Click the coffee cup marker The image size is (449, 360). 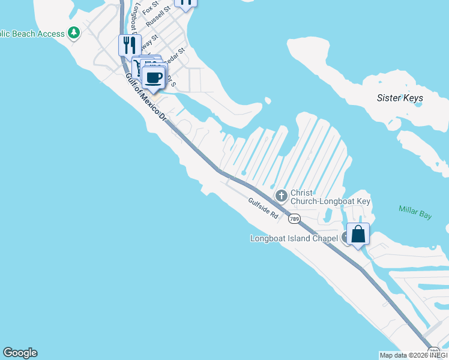(x=154, y=77)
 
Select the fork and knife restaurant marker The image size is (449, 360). (x=130, y=45)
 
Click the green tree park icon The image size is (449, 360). (x=74, y=32)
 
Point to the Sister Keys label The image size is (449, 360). (x=400, y=98)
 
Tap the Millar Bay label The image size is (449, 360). (x=415, y=212)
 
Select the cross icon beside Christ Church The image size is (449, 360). (x=281, y=196)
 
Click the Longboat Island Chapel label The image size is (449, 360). (x=294, y=238)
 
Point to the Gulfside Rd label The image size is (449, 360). (x=263, y=208)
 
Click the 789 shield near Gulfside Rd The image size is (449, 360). (x=294, y=219)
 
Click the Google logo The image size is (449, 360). (x=20, y=353)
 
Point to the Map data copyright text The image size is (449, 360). (x=414, y=355)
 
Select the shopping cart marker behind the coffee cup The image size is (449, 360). (x=139, y=65)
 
